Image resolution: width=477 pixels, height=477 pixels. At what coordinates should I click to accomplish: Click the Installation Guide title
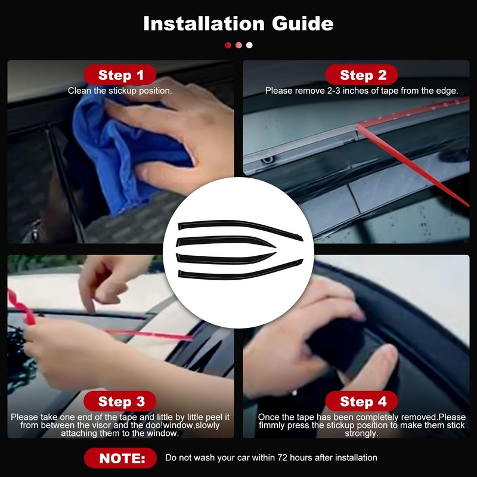(x=238, y=23)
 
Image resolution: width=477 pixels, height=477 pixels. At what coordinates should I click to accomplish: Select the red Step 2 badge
(x=363, y=75)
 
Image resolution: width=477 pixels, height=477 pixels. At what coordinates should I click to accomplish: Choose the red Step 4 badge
(x=363, y=401)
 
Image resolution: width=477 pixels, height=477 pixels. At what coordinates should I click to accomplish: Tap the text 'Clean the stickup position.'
(x=120, y=91)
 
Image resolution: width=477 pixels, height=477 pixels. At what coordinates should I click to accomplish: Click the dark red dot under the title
(x=228, y=45)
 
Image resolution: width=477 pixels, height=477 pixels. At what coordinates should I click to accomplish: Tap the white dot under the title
(x=249, y=45)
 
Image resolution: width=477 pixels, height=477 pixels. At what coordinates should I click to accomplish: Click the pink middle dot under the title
(x=238, y=45)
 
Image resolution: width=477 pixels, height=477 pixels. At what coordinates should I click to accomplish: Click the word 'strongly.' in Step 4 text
(x=361, y=433)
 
